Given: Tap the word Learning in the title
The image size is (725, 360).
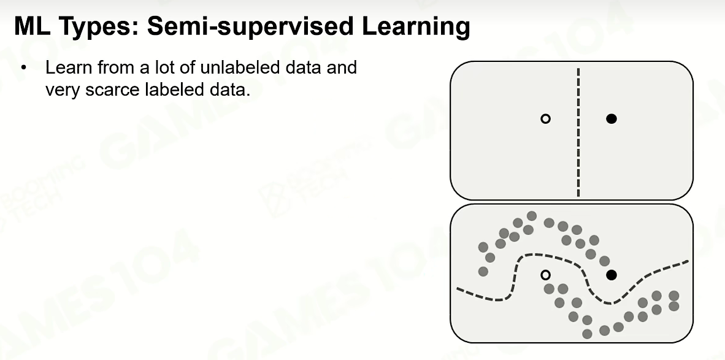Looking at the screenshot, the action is (x=416, y=27).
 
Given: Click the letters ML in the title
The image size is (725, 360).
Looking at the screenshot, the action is (x=33, y=26).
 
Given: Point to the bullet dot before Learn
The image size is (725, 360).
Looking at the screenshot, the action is (x=24, y=68).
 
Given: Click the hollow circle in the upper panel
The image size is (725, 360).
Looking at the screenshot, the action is (x=546, y=119).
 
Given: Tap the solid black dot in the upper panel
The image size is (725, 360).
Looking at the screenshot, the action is (x=612, y=119).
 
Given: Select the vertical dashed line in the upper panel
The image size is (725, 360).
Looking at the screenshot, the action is (x=578, y=132).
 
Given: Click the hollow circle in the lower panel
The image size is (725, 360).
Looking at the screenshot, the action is (x=546, y=275).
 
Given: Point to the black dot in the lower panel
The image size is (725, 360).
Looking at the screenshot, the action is (x=612, y=275).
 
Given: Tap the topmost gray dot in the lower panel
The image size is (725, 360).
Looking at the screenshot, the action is (x=532, y=216).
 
